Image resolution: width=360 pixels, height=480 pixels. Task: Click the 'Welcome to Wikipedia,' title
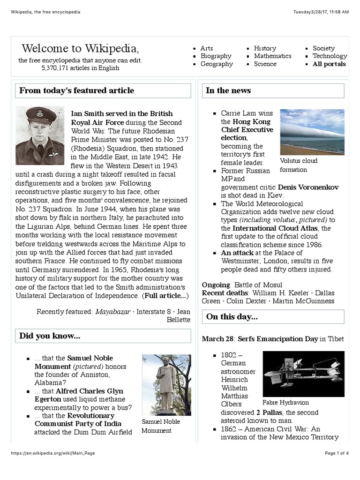(80, 48)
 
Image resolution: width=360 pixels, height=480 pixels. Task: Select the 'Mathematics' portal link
(272, 56)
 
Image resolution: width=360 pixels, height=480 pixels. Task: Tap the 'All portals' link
(329, 64)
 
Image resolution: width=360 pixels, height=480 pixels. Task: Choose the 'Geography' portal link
(217, 64)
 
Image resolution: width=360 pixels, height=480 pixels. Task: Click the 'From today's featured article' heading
(77, 90)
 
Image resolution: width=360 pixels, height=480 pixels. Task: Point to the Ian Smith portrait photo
(40, 135)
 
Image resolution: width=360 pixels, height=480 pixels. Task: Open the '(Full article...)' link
(166, 296)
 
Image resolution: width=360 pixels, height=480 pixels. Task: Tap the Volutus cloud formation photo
(312, 132)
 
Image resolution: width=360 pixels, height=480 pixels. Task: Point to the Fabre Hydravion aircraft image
(303, 374)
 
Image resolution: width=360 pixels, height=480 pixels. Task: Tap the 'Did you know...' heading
(50, 336)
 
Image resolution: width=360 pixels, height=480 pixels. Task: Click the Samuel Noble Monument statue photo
(166, 384)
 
